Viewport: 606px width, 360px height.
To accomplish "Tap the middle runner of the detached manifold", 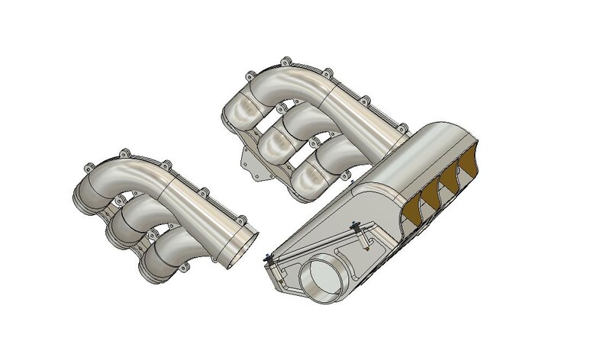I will tap(125, 227).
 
